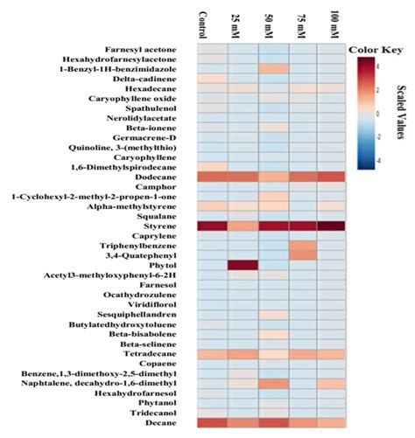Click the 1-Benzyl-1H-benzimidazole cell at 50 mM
tap(273, 68)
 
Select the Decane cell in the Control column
tap(213, 423)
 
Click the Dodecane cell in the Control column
tap(213, 176)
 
